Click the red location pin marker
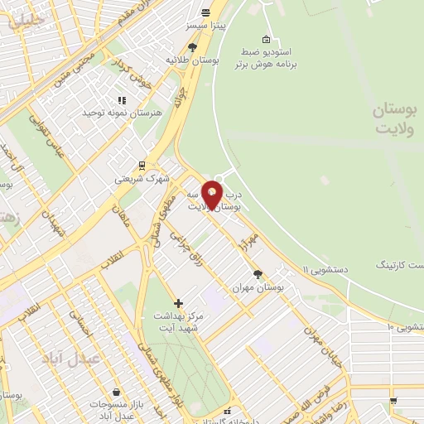212,195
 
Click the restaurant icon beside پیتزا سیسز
205,12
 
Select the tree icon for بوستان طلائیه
193,47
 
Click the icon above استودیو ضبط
266,39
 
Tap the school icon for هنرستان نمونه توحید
110,99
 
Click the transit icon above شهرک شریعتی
142,165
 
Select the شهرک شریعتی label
141,178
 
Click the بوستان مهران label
258,286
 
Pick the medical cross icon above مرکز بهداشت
179,303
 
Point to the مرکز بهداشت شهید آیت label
178,321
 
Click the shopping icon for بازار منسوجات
114,391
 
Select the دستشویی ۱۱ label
330,268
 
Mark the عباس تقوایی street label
48,137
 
